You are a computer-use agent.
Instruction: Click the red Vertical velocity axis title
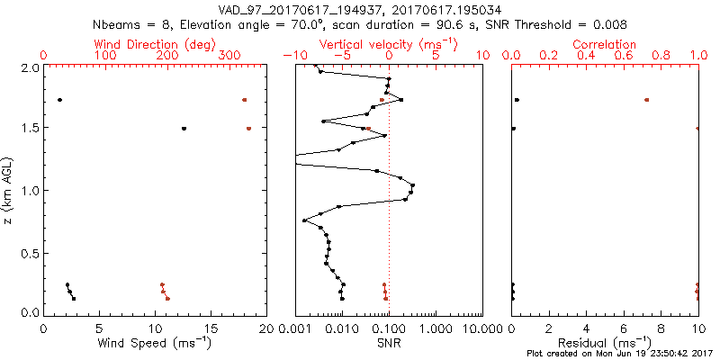coord(388,44)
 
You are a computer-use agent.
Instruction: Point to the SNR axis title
coord(388,343)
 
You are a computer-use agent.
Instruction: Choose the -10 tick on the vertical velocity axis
coord(291,56)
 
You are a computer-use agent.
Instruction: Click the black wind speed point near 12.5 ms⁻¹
coord(184,129)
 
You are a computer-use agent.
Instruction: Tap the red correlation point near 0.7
coord(646,100)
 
